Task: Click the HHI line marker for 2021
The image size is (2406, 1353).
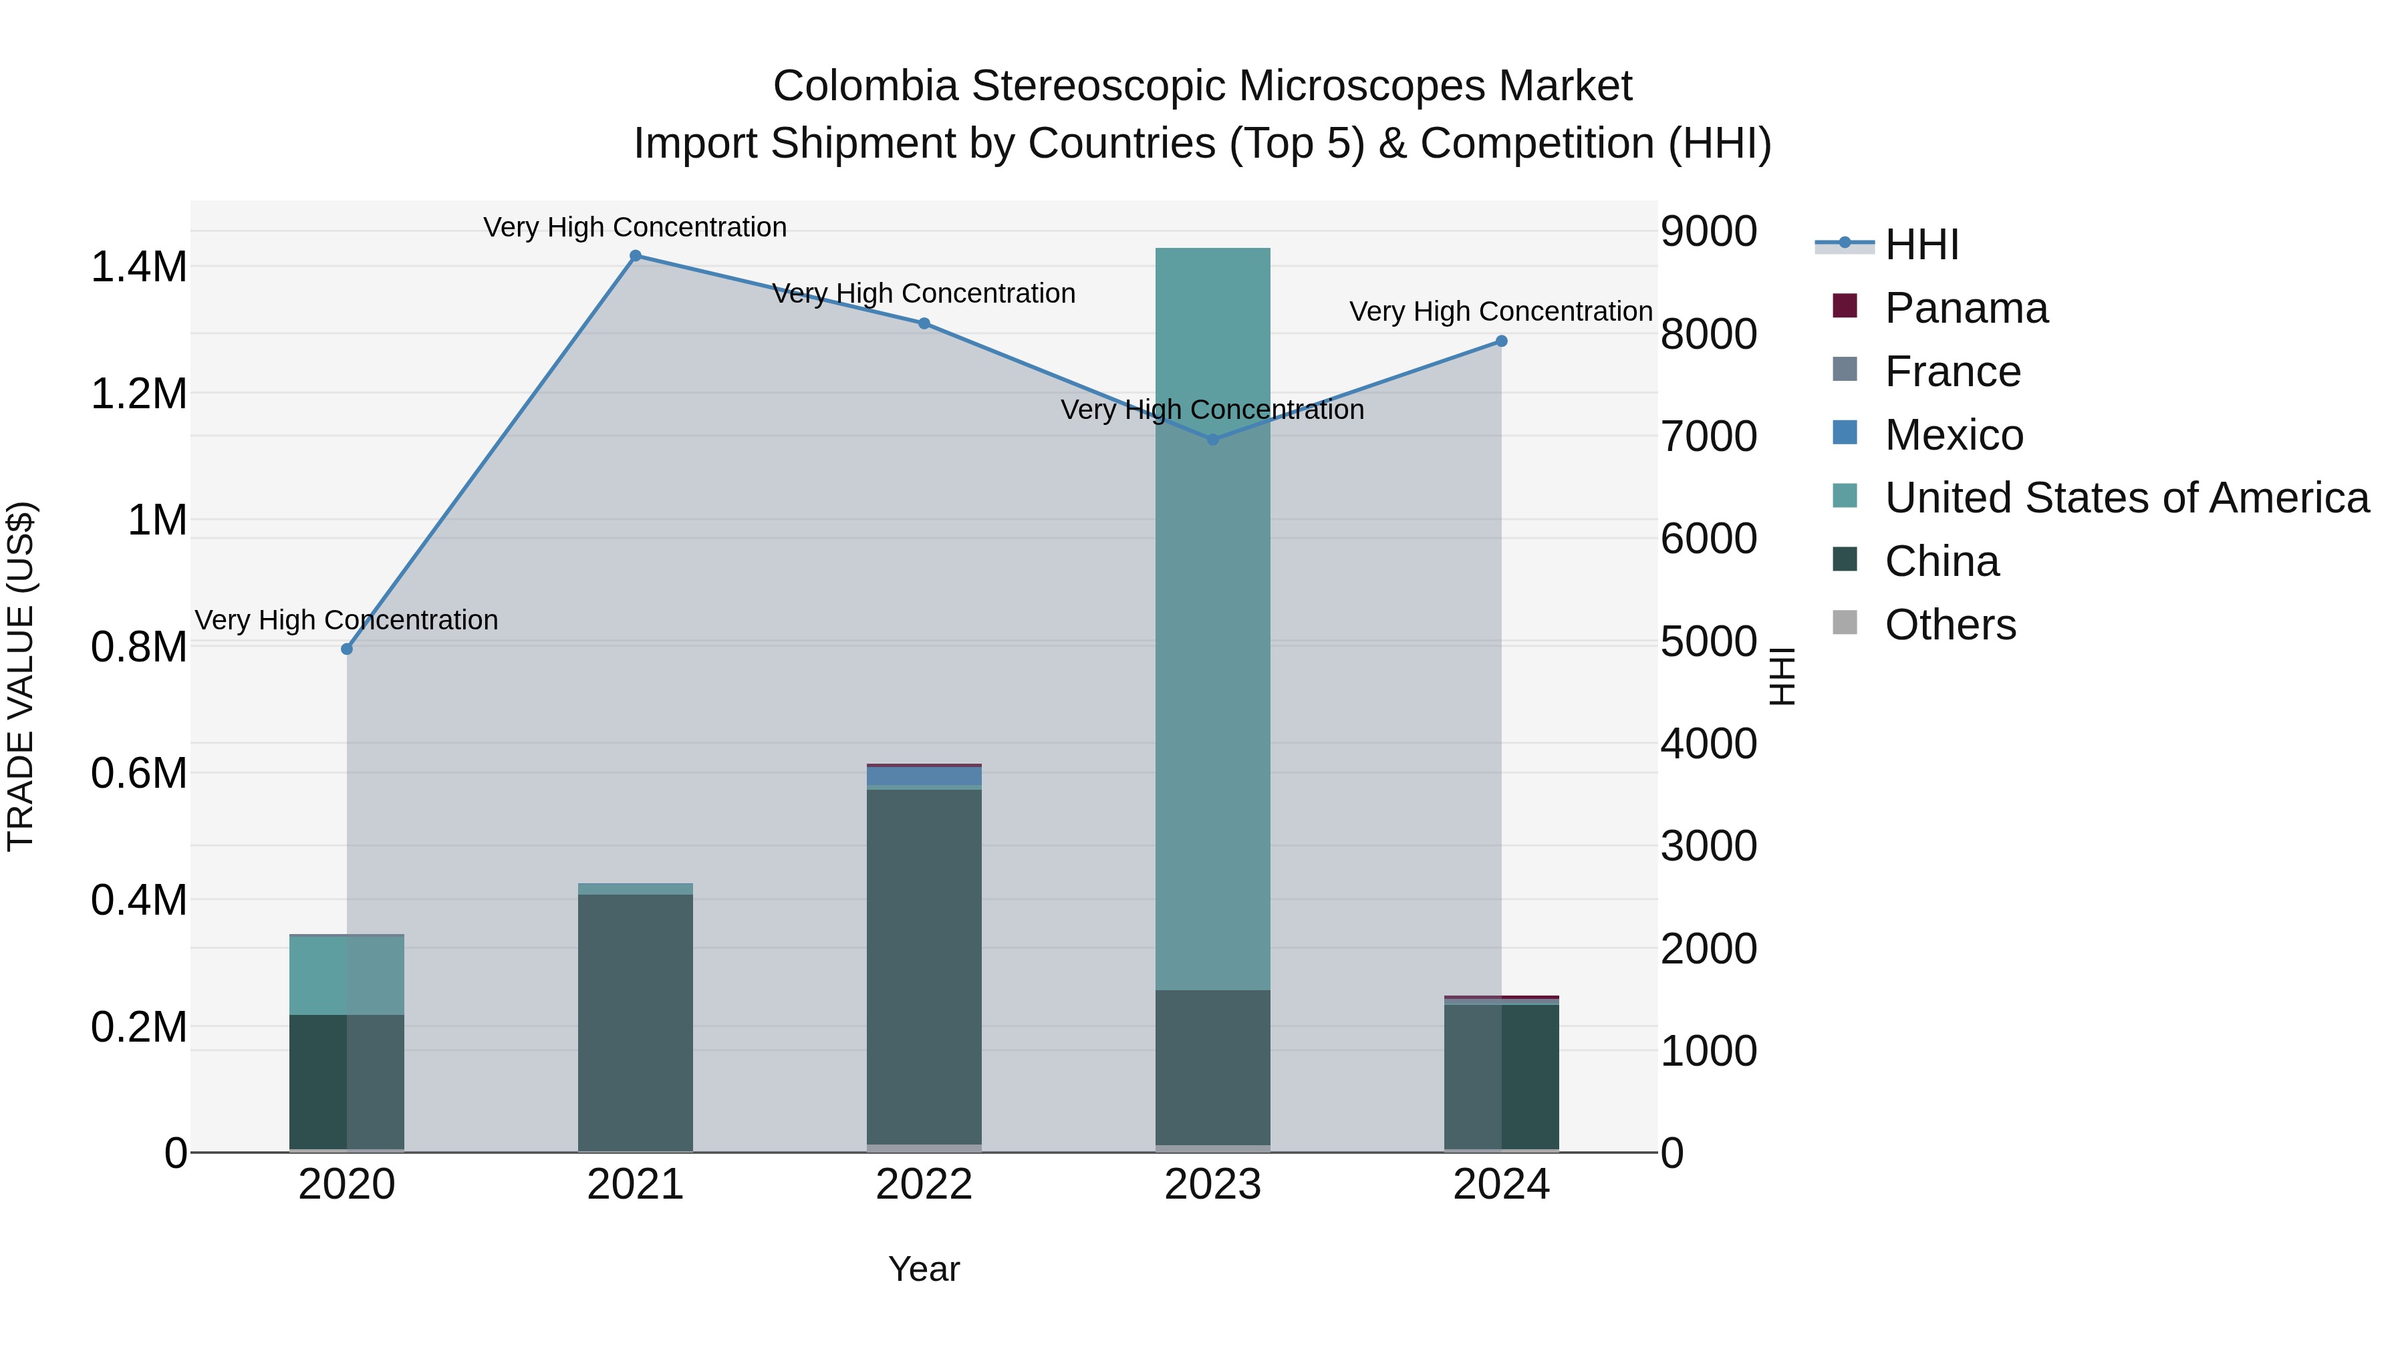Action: click(635, 256)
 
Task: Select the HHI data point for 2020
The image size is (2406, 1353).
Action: click(346, 649)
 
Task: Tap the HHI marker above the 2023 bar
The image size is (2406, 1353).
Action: click(1212, 439)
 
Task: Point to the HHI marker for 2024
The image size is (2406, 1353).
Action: click(1501, 341)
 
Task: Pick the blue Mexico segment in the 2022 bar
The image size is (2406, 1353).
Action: click(924, 776)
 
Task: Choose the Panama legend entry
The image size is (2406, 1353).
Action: click(1965, 308)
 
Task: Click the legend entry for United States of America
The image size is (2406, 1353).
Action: click(2126, 498)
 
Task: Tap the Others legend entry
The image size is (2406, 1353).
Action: click(1950, 625)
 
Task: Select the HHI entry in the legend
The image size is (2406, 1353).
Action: click(1921, 245)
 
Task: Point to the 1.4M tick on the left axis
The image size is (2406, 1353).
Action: click(138, 267)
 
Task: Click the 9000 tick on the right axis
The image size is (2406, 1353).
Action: click(1708, 232)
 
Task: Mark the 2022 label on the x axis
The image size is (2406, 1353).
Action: click(924, 1185)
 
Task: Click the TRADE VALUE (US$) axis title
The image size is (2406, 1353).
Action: click(21, 676)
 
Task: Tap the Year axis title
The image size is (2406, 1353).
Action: click(924, 1269)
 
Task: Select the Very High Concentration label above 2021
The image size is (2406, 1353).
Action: click(635, 228)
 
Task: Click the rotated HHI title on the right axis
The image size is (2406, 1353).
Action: click(1782, 676)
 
